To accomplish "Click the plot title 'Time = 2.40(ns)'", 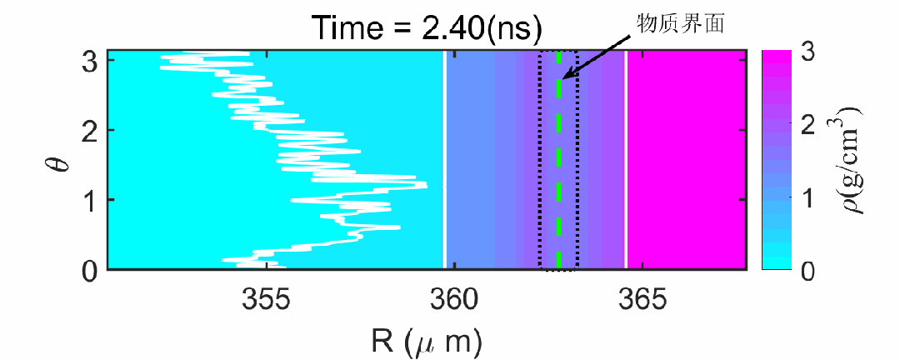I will coord(427,28).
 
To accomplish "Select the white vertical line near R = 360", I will coord(445,158).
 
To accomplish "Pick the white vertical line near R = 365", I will coord(626,158).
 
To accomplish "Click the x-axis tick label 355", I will coord(266,299).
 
